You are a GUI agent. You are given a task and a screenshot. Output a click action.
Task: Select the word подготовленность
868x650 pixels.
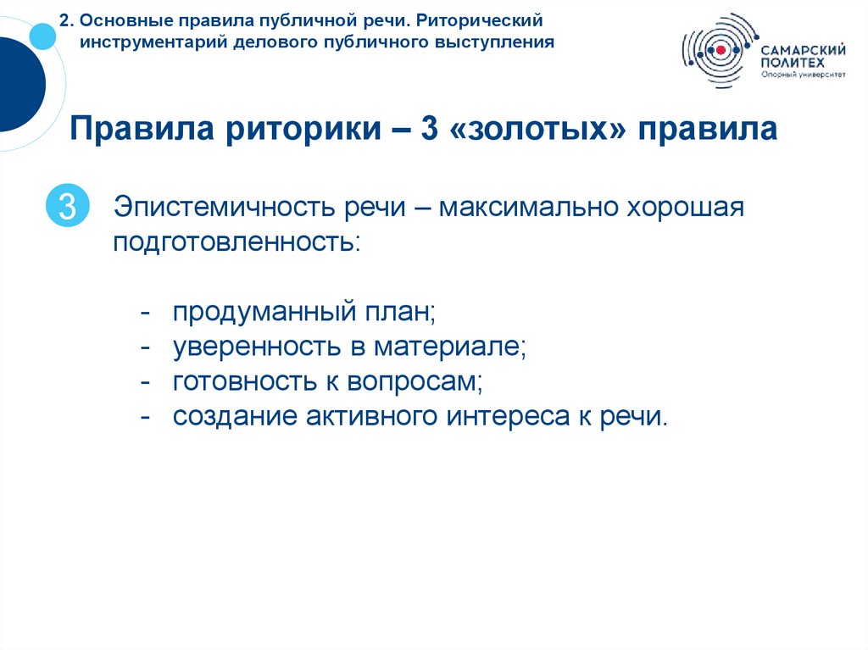(235, 242)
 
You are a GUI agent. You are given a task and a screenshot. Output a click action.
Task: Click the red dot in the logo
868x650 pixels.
(720, 51)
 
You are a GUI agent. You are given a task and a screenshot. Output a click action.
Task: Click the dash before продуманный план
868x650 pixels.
(146, 314)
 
